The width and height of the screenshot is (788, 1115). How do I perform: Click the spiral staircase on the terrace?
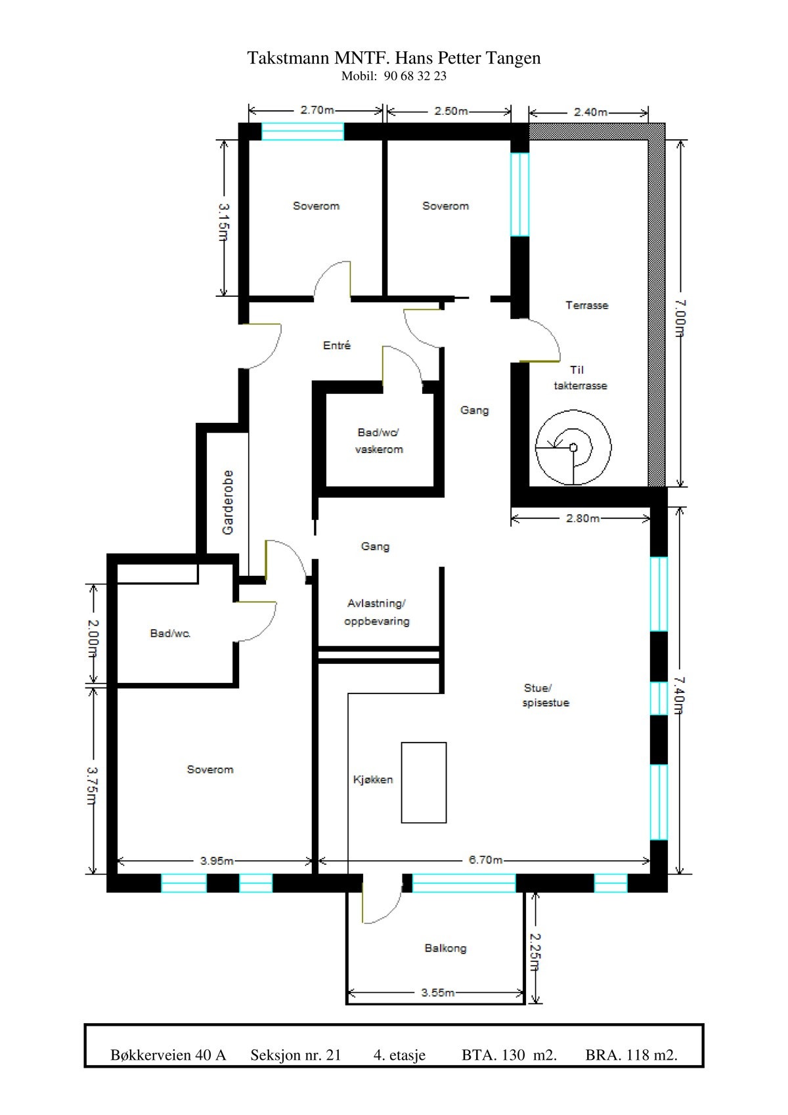tap(573, 447)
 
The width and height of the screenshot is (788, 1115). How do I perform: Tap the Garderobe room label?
tap(228, 502)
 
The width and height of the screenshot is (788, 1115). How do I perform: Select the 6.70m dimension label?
tap(485, 860)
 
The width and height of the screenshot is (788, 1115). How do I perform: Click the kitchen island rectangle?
tap(424, 782)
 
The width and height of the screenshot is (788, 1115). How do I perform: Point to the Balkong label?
tap(445, 948)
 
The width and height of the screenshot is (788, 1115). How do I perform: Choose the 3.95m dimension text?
tap(217, 861)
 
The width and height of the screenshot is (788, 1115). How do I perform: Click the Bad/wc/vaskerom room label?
tap(379, 441)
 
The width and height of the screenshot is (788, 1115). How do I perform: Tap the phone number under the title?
tap(393, 76)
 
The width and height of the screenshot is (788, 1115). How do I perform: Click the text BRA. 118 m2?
tap(631, 1055)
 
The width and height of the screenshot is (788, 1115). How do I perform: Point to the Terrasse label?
tap(586, 305)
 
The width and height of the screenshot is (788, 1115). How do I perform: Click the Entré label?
tap(337, 345)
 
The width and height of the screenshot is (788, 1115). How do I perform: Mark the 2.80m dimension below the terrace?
tap(582, 518)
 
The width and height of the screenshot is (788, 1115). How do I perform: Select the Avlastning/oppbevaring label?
tap(377, 612)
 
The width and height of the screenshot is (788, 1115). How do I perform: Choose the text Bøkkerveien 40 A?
tap(168, 1055)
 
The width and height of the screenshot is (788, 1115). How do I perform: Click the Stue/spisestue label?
tap(545, 695)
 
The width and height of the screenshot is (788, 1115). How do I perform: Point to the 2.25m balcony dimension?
tap(536, 952)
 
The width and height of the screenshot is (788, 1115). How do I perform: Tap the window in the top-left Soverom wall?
tap(303, 131)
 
